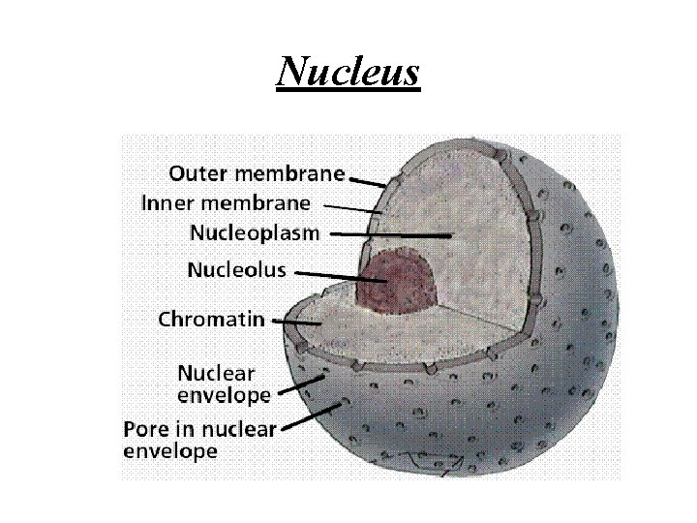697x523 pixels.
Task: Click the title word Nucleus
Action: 348,71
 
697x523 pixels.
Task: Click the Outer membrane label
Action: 257,174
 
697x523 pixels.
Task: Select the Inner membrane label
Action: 226,203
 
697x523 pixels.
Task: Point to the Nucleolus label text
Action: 236,270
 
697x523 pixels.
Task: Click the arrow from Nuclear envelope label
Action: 301,386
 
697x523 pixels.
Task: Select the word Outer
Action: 197,174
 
